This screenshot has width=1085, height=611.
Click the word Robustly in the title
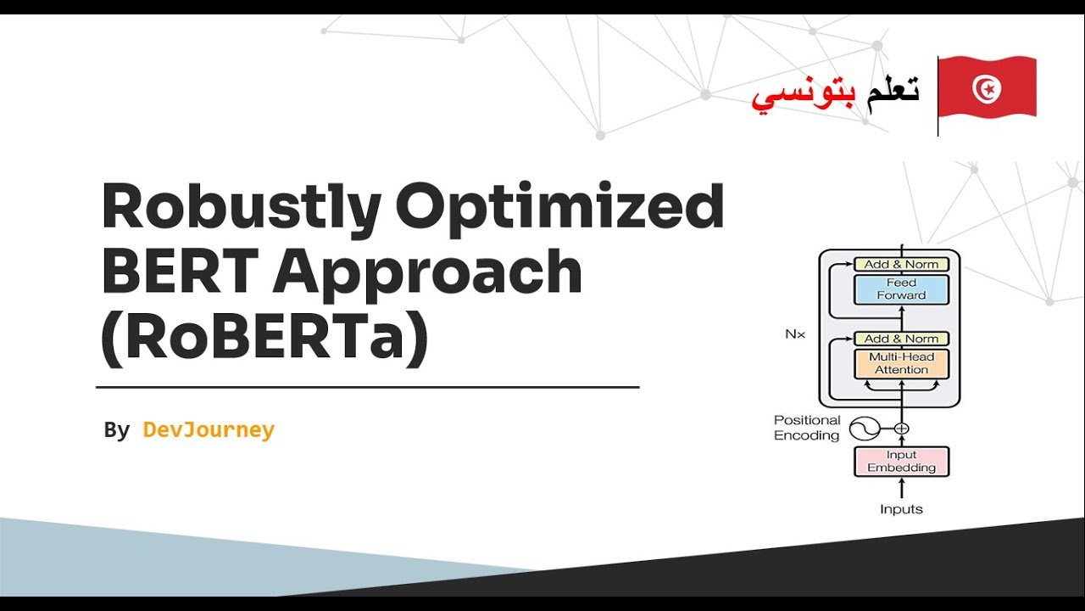click(240, 209)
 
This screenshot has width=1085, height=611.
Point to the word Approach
click(427, 274)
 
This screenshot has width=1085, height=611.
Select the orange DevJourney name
click(209, 430)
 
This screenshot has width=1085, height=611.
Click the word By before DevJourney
click(117, 430)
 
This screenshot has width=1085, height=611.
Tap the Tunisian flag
click(988, 88)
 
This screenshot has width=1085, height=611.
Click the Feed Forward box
click(901, 289)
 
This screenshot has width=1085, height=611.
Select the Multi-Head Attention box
click(901, 364)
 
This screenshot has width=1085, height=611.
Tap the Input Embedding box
click(901, 462)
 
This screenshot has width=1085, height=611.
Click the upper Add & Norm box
click(901, 264)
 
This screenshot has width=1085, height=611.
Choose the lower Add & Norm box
click(901, 339)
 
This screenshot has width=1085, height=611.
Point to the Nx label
click(794, 334)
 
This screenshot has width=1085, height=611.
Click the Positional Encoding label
click(806, 428)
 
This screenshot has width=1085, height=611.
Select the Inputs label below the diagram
click(901, 509)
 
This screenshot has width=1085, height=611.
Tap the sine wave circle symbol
click(865, 429)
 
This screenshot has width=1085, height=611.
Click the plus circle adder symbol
click(901, 429)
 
